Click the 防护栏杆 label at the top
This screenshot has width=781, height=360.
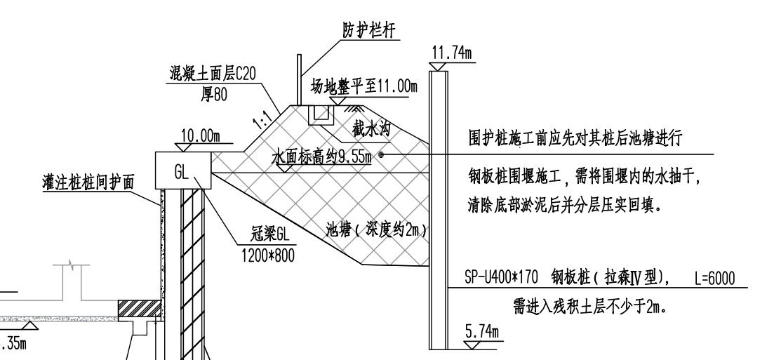pyautogui.click(x=369, y=31)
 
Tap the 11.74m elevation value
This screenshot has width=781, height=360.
pyautogui.click(x=451, y=53)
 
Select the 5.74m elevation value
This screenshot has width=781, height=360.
pyautogui.click(x=482, y=332)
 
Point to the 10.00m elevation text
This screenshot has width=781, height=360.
pyautogui.click(x=200, y=135)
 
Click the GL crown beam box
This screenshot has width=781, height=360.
pyautogui.click(x=183, y=171)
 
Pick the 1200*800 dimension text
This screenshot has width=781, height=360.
pyautogui.click(x=268, y=255)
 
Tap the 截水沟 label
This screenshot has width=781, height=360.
pyautogui.click(x=371, y=129)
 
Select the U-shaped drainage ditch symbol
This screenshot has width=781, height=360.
pyautogui.click(x=321, y=114)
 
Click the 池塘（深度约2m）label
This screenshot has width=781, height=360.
pyautogui.click(x=376, y=230)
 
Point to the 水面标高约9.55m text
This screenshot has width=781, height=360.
pyautogui.click(x=322, y=157)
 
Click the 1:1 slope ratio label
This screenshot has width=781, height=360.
pyautogui.click(x=262, y=119)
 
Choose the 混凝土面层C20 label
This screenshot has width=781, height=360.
pyautogui.click(x=212, y=74)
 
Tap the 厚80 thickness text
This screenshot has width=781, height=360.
pyautogui.click(x=214, y=93)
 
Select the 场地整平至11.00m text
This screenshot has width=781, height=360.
pyautogui.click(x=364, y=86)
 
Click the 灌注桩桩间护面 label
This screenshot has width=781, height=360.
pyautogui.click(x=88, y=182)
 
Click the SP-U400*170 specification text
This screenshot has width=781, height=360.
pyautogui.click(x=501, y=277)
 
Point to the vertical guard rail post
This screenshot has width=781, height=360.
pyautogui.click(x=300, y=80)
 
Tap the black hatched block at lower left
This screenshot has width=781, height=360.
pyautogui.click(x=140, y=309)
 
